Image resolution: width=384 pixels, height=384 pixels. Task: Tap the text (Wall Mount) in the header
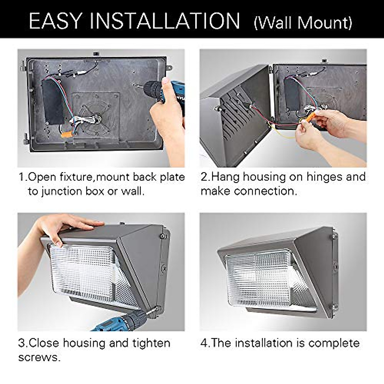pyautogui.click(x=303, y=23)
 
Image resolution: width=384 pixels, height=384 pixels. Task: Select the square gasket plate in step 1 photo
pyautogui.click(x=96, y=115)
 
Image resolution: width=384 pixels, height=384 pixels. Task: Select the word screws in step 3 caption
pyautogui.click(x=39, y=357)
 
